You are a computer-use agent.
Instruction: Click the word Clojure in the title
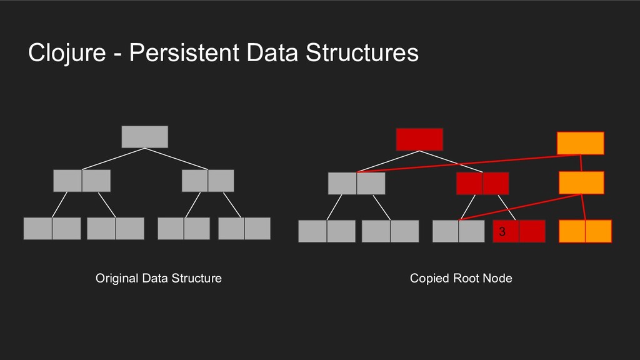coord(67,52)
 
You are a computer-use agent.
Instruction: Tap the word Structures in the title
coord(362,52)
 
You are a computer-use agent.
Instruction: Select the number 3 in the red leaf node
coord(502,231)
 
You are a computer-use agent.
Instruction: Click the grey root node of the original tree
coord(145,137)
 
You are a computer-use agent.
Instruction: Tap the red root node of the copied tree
coord(419,139)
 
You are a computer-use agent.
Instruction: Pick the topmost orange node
coord(581,143)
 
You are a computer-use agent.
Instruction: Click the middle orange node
coord(581,182)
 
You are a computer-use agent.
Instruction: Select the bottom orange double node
coord(585,231)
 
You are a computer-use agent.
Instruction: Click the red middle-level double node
coord(482,183)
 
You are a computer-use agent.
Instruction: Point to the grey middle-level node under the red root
coord(357,183)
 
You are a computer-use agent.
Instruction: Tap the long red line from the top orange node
coord(469,163)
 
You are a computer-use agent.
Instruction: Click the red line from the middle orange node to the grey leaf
coord(520,207)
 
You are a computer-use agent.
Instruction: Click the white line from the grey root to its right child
coord(176,159)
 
